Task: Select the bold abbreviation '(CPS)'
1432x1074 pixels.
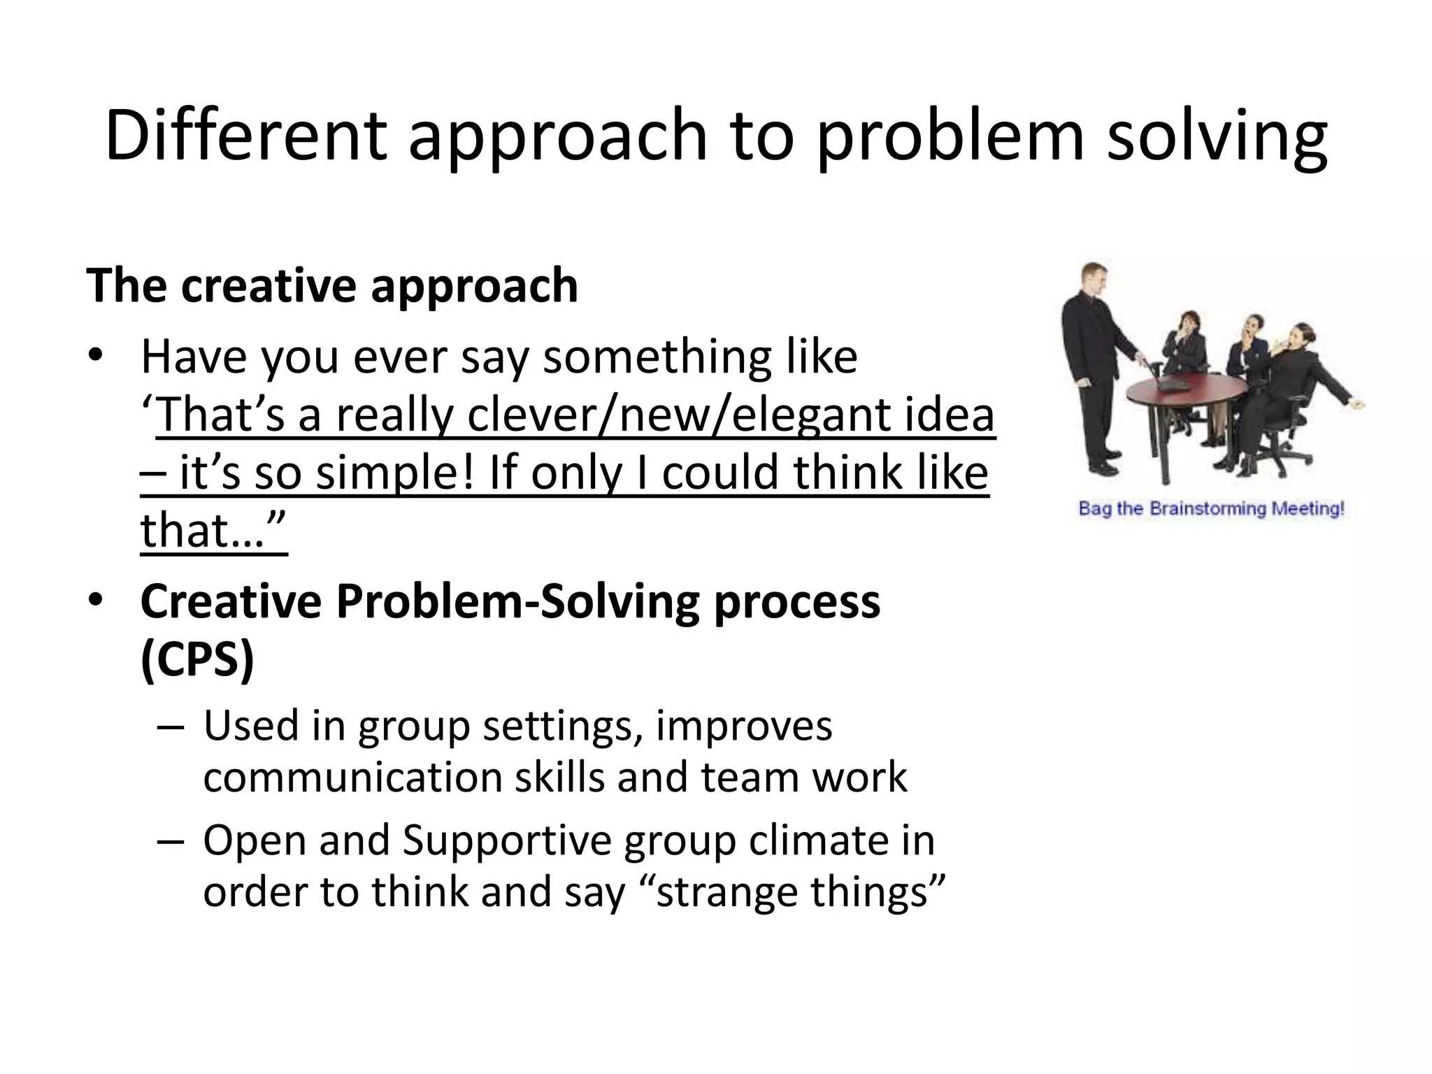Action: (x=197, y=659)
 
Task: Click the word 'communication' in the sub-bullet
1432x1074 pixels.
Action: (x=353, y=778)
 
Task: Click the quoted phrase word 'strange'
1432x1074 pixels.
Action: (x=726, y=892)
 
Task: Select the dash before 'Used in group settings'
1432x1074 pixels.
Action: (x=170, y=727)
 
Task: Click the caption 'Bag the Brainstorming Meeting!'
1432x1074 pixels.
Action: (x=1211, y=508)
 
